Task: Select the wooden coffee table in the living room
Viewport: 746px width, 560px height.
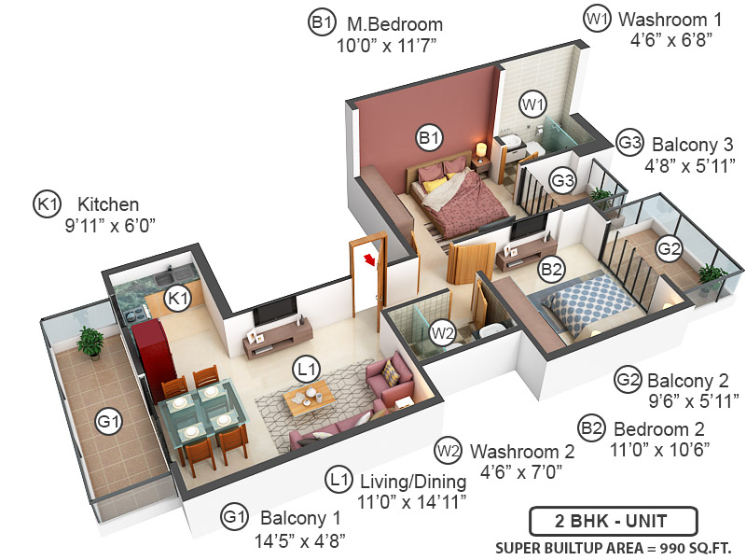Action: (309, 399)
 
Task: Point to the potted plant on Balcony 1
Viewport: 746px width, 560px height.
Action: (90, 342)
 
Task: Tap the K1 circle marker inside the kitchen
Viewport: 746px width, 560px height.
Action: (177, 298)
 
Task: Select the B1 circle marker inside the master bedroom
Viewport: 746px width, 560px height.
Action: (429, 139)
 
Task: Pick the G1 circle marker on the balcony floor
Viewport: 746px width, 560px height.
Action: (109, 423)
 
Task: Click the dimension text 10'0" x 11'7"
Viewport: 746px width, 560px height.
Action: (390, 46)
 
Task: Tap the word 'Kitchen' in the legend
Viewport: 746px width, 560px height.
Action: (108, 203)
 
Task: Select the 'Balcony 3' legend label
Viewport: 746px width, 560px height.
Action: (692, 145)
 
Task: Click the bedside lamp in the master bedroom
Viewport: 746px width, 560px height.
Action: (481, 149)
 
